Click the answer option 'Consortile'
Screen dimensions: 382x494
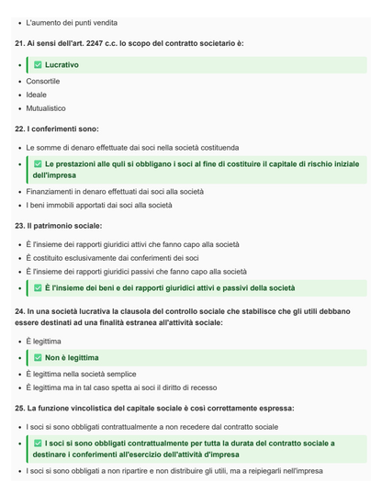point(43,81)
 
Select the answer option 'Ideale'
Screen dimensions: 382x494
point(37,94)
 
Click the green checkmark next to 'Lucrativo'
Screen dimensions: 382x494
point(38,65)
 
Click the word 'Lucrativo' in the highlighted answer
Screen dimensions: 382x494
point(62,65)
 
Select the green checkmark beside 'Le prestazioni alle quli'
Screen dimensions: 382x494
point(38,163)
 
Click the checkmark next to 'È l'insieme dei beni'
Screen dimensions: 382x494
point(38,287)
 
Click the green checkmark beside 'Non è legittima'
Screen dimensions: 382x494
point(38,357)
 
